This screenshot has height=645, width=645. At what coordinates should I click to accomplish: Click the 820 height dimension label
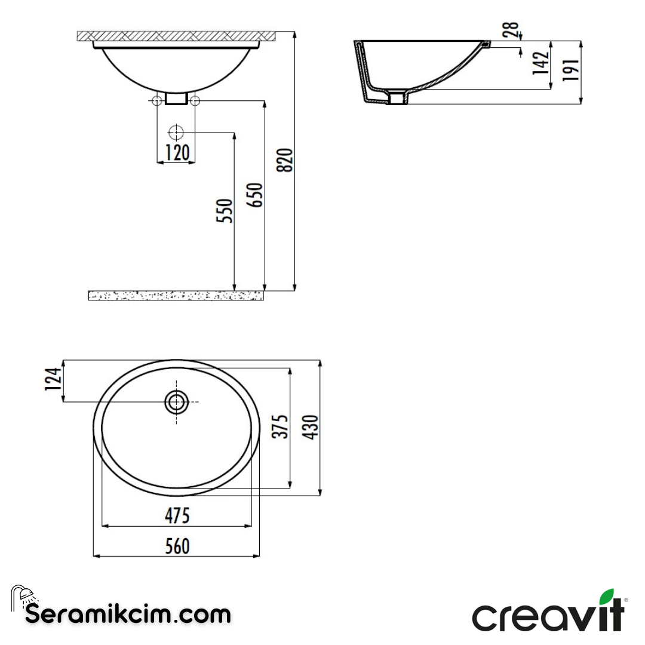coord(287,160)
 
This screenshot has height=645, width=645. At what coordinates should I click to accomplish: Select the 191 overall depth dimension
coord(571,71)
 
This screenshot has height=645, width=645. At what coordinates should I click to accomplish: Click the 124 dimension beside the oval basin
coord(54,380)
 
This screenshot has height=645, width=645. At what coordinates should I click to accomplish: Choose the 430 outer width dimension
coord(312,426)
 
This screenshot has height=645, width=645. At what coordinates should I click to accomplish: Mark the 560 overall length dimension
coord(177,545)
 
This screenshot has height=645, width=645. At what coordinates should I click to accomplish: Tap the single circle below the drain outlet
coord(177,132)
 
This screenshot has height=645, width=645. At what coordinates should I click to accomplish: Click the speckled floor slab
coord(176,295)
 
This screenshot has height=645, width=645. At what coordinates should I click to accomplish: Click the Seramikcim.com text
coord(128,614)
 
